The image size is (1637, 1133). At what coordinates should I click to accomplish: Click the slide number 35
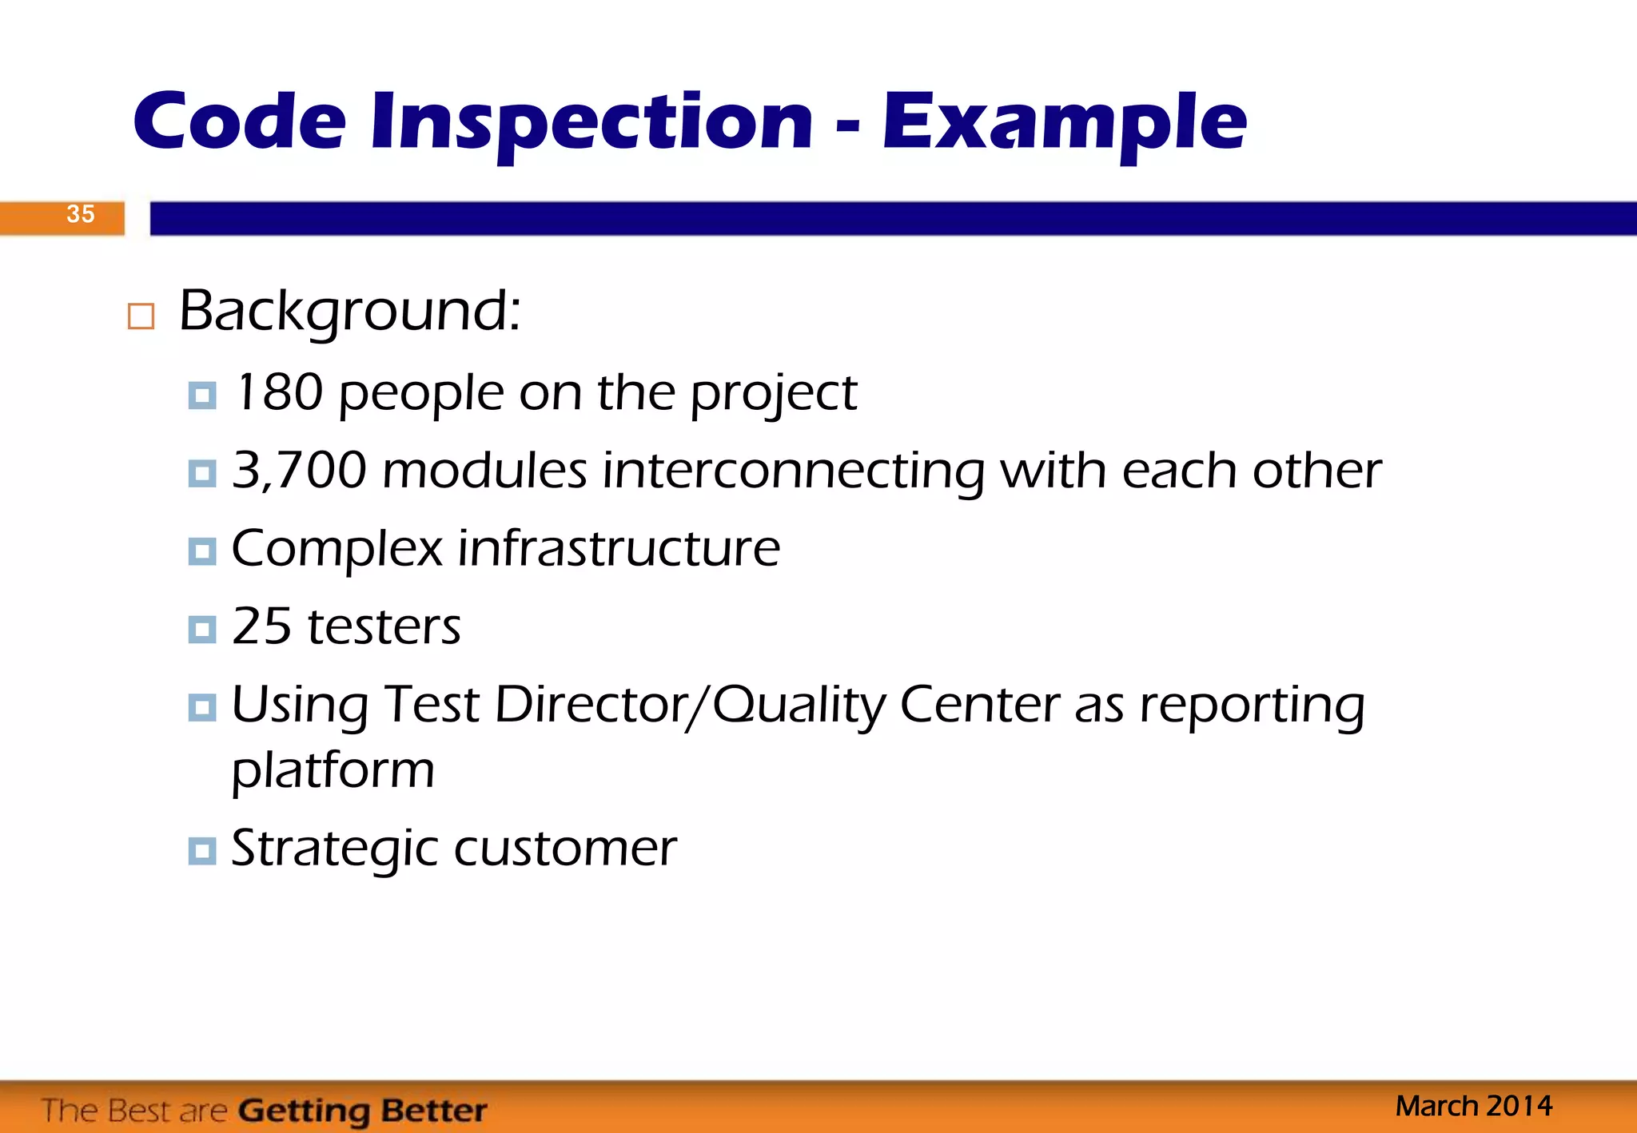(80, 214)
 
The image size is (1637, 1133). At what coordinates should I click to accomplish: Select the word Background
(349, 311)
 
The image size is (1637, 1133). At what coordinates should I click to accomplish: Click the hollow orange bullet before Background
(141, 316)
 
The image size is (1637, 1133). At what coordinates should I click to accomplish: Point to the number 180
(279, 392)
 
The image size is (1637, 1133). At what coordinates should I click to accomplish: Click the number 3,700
(299, 470)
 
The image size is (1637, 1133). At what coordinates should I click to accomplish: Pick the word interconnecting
(793, 471)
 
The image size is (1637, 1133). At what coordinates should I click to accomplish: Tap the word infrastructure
(618, 549)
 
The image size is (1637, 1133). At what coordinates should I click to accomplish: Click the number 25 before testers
(261, 626)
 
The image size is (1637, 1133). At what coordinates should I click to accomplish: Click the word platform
(333, 771)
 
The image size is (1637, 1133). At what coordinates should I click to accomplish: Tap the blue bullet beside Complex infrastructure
(202, 551)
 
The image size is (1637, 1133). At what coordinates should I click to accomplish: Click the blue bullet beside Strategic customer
(202, 851)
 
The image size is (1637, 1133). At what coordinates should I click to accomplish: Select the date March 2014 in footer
(1473, 1106)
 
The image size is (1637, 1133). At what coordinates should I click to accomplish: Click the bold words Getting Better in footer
(362, 1111)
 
